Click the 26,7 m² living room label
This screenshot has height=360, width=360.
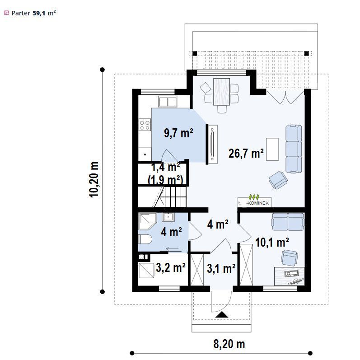[246, 153]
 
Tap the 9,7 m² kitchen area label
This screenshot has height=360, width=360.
[178, 133]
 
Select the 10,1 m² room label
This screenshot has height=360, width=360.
[272, 243]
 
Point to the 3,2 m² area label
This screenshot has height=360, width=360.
[171, 267]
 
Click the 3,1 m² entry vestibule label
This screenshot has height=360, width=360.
[221, 268]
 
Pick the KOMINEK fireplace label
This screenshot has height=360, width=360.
[258, 203]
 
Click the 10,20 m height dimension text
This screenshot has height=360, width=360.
[94, 179]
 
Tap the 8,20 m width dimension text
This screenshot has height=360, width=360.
[229, 344]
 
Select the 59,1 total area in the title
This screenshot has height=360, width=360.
[39, 13]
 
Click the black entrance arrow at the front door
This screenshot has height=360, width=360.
[222, 314]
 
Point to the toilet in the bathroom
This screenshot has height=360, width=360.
[145, 239]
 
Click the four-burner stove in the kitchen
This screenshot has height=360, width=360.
[145, 125]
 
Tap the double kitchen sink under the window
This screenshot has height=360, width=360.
[168, 102]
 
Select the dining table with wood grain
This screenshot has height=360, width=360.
[222, 92]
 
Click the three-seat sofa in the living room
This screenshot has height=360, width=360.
[294, 149]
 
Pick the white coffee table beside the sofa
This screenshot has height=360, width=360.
[272, 149]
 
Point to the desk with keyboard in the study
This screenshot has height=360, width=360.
[290, 276]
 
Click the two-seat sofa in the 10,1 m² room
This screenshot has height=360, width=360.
[288, 222]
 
